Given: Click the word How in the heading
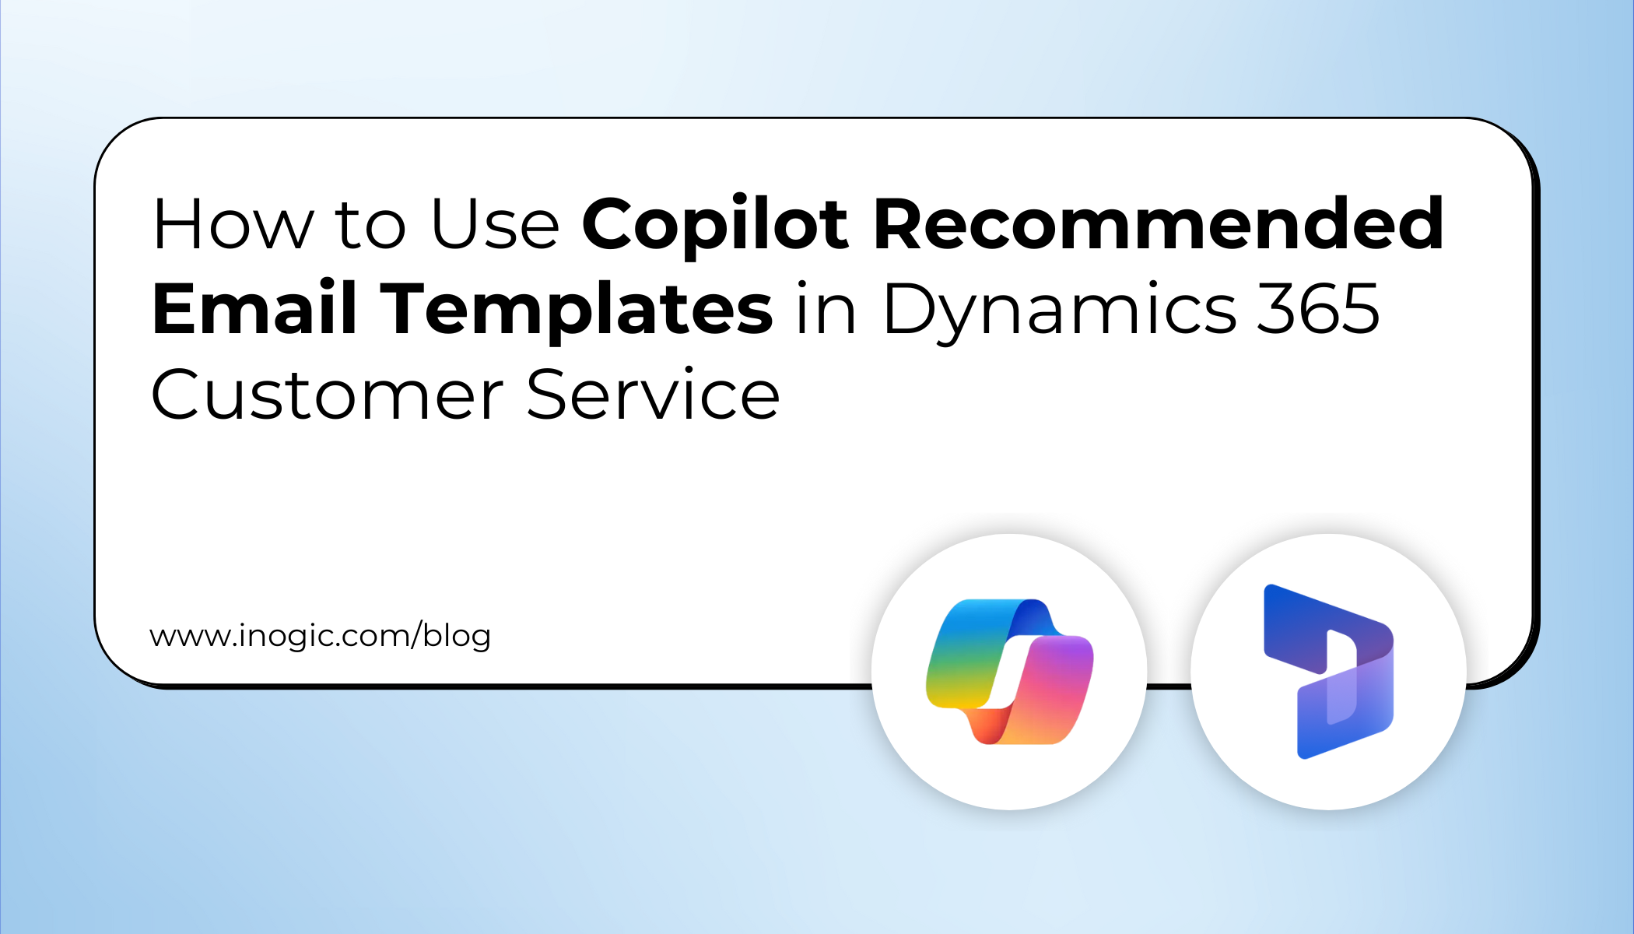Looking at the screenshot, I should tap(233, 225).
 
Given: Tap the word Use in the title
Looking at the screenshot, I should tap(495, 225).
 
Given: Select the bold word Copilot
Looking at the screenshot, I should tap(714, 225).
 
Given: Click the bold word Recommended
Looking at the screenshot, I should tap(1159, 225).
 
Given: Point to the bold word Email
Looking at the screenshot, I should tap(254, 309).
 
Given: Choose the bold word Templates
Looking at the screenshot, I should tap(580, 309).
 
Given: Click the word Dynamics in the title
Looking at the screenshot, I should tap(1059, 311).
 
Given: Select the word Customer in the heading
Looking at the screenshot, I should tap(327, 395).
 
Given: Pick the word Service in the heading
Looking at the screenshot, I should tap(653, 395).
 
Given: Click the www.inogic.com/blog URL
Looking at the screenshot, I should tap(320, 636).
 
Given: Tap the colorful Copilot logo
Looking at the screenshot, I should tap(1009, 672).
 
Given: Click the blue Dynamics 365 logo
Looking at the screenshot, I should tap(1328, 672).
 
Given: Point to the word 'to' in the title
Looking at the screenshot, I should tap(370, 226).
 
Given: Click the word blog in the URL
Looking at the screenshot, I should tap(457, 636).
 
